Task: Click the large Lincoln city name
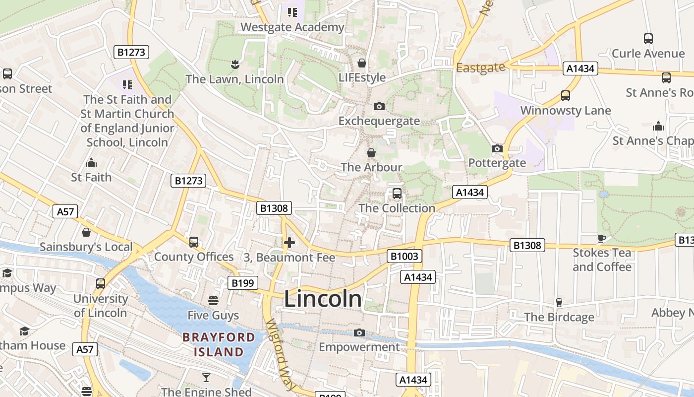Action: pyautogui.click(x=323, y=299)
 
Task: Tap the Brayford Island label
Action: pyautogui.click(x=219, y=345)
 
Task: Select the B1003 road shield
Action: pyautogui.click(x=404, y=256)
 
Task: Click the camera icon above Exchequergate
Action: pyautogui.click(x=379, y=106)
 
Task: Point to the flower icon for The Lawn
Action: pyautogui.click(x=235, y=64)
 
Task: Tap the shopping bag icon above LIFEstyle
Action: pyautogui.click(x=362, y=63)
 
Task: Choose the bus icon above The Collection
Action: pyautogui.click(x=397, y=194)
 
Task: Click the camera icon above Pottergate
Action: pyautogui.click(x=497, y=148)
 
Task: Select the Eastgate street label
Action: pyautogui.click(x=480, y=67)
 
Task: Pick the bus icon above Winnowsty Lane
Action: pyautogui.click(x=566, y=96)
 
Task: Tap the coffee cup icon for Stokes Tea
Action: pyautogui.click(x=602, y=238)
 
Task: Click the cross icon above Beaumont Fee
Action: pyautogui.click(x=289, y=243)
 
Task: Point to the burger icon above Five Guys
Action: pyautogui.click(x=213, y=300)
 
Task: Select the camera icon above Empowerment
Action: pyautogui.click(x=359, y=332)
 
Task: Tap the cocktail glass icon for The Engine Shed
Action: pyautogui.click(x=206, y=378)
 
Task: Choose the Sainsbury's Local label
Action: pyautogui.click(x=86, y=247)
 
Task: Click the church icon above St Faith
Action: pyautogui.click(x=91, y=163)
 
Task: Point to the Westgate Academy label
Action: pyautogui.click(x=292, y=27)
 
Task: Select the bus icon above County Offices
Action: pyautogui.click(x=193, y=242)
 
